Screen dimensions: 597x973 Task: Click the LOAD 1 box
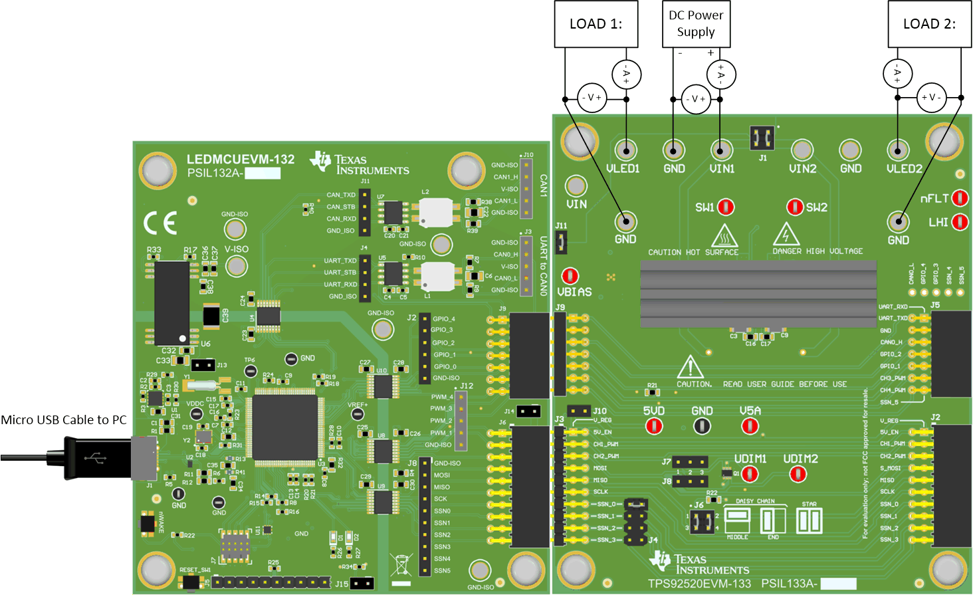click(x=596, y=24)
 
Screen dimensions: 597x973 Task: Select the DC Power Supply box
click(x=696, y=24)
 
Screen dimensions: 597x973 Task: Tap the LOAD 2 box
click(x=929, y=24)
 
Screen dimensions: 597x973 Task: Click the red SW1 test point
click(x=726, y=207)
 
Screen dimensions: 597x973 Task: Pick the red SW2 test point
click(x=795, y=207)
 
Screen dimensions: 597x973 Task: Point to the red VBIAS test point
click(x=570, y=276)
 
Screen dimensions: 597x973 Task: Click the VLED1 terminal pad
click(x=625, y=150)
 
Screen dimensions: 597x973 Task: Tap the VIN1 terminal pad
click(x=721, y=150)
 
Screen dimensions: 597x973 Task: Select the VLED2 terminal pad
click(x=898, y=150)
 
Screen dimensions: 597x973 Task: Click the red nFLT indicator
click(x=960, y=198)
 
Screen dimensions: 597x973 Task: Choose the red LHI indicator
click(x=960, y=221)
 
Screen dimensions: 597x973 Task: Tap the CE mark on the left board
click(x=160, y=223)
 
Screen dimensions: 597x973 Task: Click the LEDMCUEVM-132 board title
click(x=240, y=160)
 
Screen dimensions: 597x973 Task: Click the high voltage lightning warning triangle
click(x=786, y=235)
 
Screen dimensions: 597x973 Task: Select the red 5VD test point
click(x=654, y=425)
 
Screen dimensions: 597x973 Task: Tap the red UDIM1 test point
click(x=750, y=474)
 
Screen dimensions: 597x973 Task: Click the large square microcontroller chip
click(x=284, y=426)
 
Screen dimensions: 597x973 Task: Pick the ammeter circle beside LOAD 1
click(x=625, y=74)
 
